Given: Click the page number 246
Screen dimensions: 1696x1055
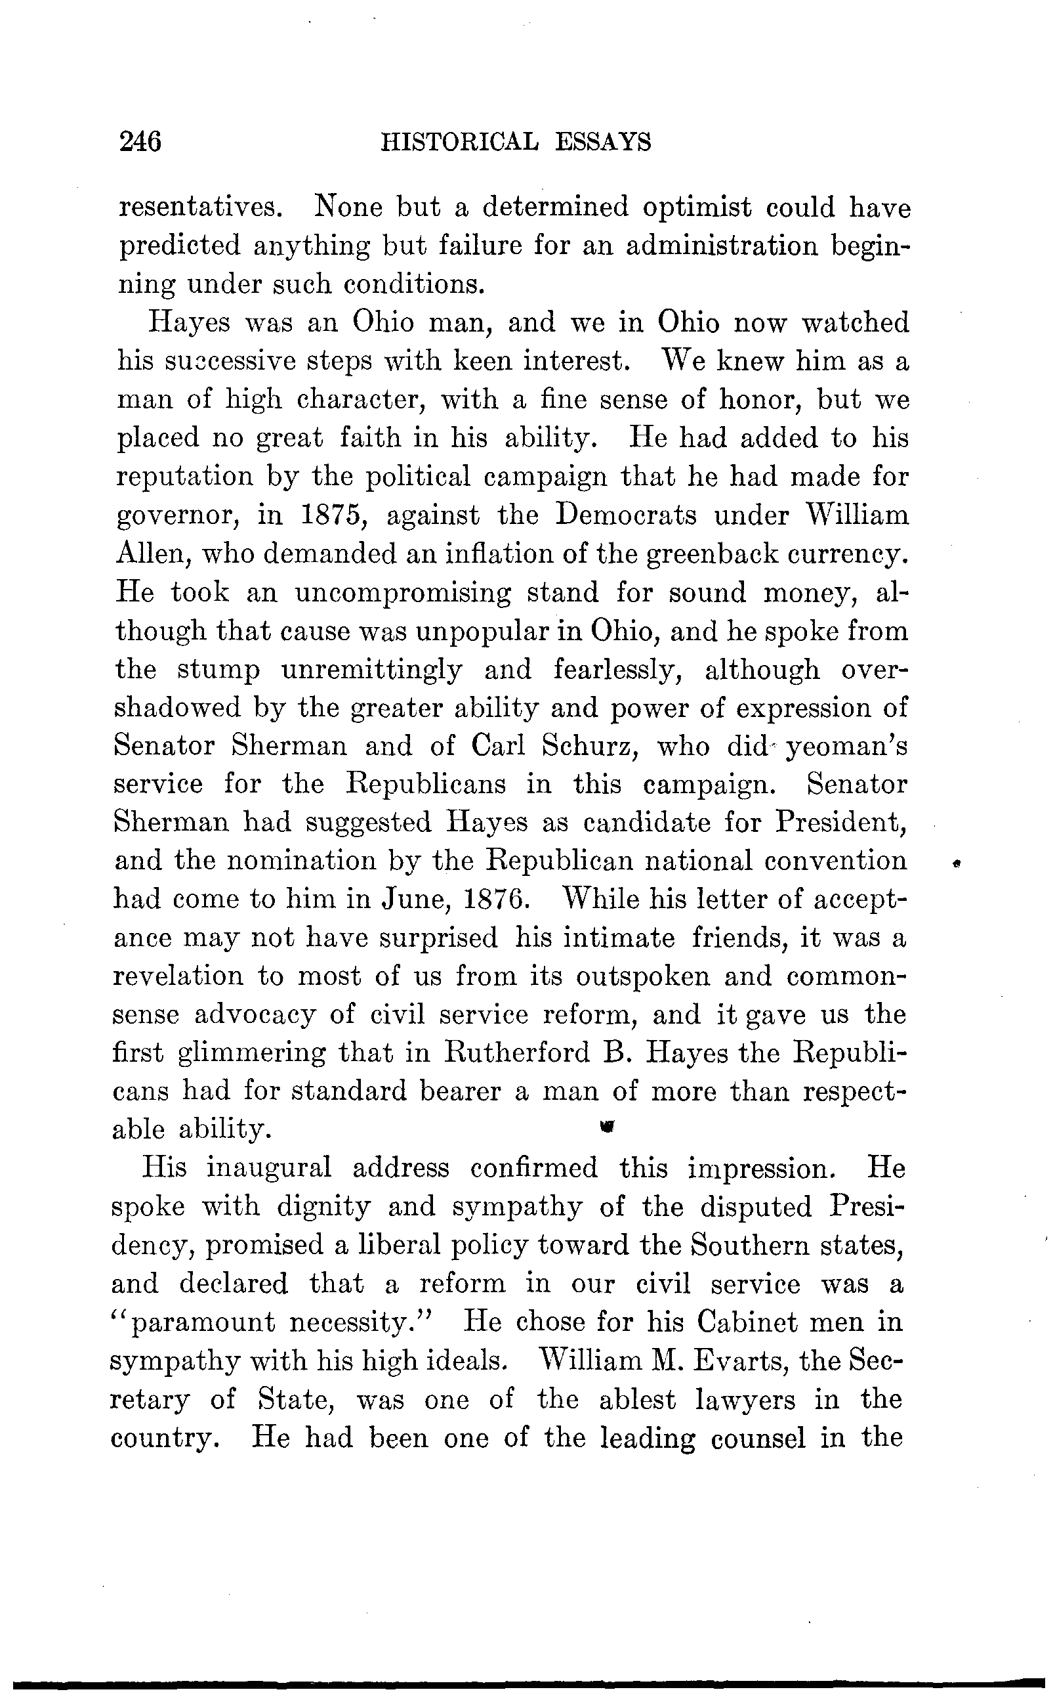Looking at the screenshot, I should pyautogui.click(x=140, y=142).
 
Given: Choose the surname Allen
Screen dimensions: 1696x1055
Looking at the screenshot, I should pyautogui.click(x=152, y=554).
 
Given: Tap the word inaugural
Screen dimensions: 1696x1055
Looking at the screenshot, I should pyautogui.click(x=268, y=1167).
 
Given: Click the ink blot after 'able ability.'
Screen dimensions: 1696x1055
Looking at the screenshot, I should pyautogui.click(x=606, y=1125).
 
